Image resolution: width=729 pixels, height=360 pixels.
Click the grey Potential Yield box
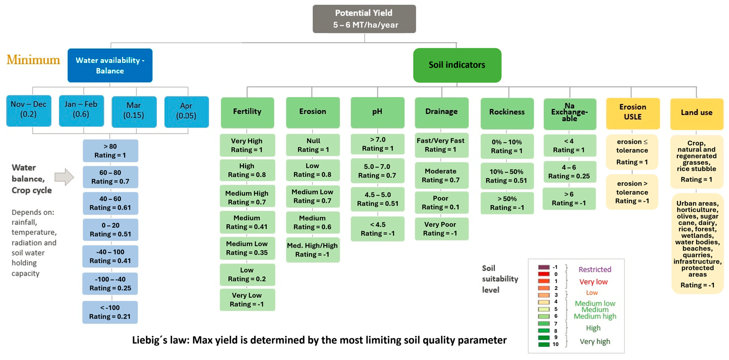(x=364, y=19)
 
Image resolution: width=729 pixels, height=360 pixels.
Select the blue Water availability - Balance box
(x=110, y=65)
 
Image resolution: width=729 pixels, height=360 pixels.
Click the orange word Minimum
(x=33, y=60)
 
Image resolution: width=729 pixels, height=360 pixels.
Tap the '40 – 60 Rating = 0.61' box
(x=110, y=203)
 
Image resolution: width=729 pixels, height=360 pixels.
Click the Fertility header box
(x=247, y=112)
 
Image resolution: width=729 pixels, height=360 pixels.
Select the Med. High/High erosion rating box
(x=312, y=250)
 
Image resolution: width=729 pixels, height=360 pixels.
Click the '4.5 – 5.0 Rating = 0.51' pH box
(x=378, y=199)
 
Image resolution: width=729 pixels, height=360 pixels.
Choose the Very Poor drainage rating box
(x=441, y=229)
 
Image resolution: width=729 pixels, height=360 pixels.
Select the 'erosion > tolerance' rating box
(x=632, y=192)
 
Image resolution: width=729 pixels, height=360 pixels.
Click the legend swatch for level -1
(x=543, y=267)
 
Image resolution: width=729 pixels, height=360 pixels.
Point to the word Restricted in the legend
(x=595, y=269)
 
